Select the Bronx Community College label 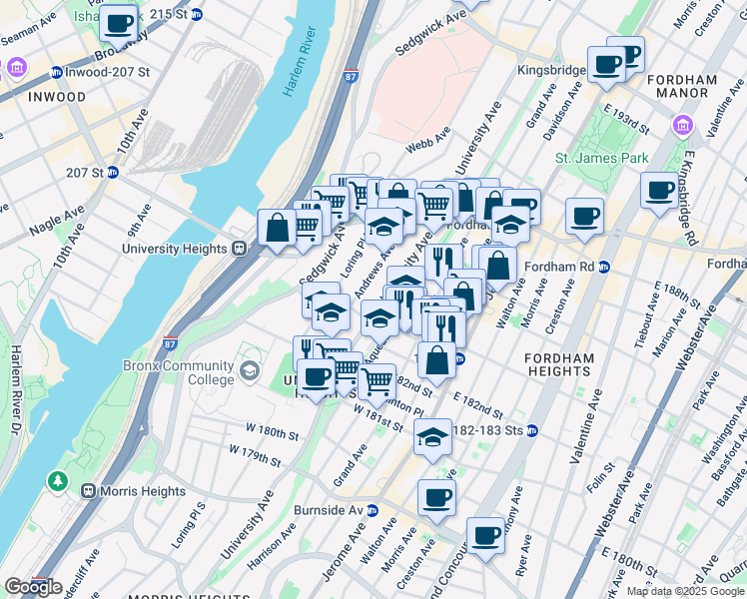(x=180, y=372)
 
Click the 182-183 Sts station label (x=487, y=430)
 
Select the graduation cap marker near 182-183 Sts (x=431, y=437)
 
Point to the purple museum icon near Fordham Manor (x=683, y=125)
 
